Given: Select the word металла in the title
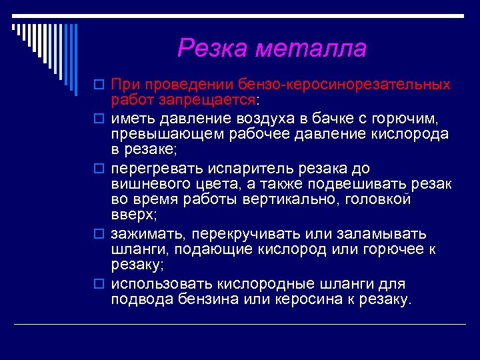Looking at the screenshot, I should tap(311, 48).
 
